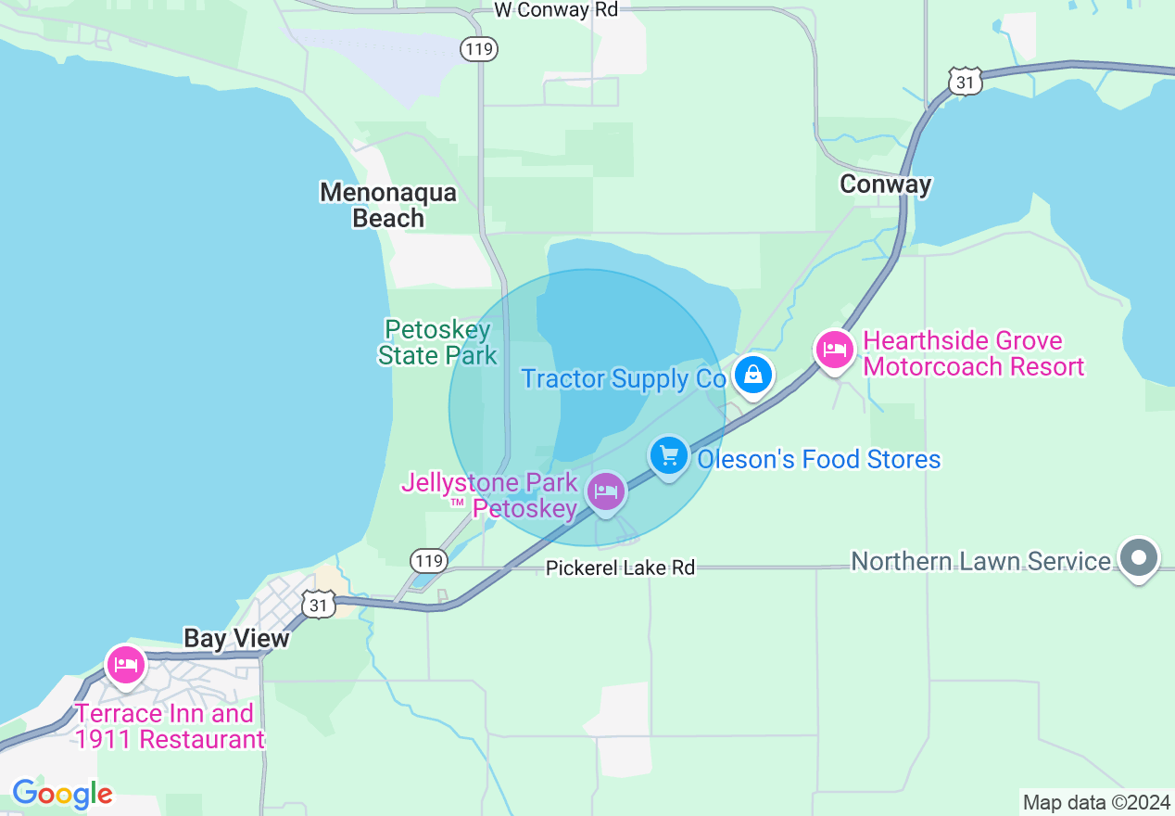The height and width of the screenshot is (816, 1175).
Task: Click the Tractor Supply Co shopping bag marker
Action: pos(753,376)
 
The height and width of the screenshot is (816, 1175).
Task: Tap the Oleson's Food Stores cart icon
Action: pos(669,456)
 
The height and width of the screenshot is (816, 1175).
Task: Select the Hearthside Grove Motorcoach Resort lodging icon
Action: pos(835,351)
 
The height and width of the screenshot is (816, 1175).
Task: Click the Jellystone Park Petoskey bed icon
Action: pos(606,491)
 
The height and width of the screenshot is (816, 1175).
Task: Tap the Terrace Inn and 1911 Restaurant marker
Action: pos(125,665)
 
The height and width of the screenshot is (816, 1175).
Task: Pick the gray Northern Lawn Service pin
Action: pos(1140,558)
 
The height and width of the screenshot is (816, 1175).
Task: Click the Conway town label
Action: pos(885,185)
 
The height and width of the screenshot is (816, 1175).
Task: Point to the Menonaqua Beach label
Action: pos(388,205)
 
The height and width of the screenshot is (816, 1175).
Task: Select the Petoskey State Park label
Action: pos(437,342)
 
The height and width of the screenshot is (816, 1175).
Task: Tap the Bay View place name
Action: pos(236,638)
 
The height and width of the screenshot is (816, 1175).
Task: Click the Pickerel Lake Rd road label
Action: pos(620,567)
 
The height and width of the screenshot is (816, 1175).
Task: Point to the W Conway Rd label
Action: pos(555,10)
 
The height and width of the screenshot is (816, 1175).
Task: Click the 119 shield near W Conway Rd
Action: pos(479,49)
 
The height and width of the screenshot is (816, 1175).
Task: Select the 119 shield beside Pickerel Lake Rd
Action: pos(428,559)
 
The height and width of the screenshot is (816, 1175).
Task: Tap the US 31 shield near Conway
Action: pos(965,82)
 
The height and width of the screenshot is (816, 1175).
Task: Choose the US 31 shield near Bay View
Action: pos(318,605)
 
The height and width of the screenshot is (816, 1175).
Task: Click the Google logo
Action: pos(62,794)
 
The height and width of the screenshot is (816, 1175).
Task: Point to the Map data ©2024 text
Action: pos(1095,802)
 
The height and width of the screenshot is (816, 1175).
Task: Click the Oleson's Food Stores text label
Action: pos(818,460)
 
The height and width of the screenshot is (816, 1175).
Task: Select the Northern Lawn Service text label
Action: pos(980,561)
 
